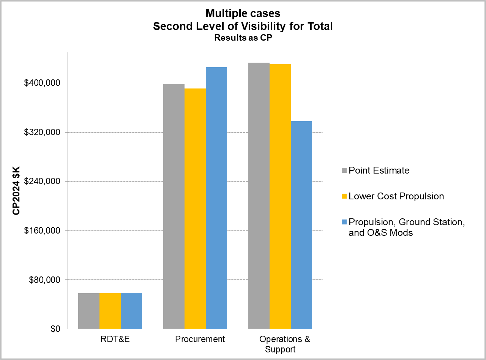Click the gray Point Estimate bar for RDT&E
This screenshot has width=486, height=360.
(x=89, y=311)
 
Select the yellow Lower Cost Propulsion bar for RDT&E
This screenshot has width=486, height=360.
(x=110, y=311)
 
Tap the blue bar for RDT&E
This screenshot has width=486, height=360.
(x=131, y=311)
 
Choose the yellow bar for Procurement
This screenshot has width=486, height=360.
(x=195, y=208)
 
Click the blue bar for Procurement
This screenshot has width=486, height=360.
(x=216, y=198)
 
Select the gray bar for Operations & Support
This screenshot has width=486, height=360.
(x=259, y=196)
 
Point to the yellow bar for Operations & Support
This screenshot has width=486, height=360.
(x=280, y=196)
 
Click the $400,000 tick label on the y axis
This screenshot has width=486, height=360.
(x=42, y=83)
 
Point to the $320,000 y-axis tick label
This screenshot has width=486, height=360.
(x=42, y=133)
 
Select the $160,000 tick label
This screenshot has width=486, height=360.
(x=42, y=231)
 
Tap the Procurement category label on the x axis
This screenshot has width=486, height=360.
(x=200, y=339)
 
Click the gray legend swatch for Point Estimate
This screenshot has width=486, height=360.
(x=344, y=171)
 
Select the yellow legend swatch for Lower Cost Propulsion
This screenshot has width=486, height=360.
(x=344, y=196)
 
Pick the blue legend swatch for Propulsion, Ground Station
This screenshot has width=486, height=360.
(x=344, y=222)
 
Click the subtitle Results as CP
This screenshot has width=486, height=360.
(x=243, y=38)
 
